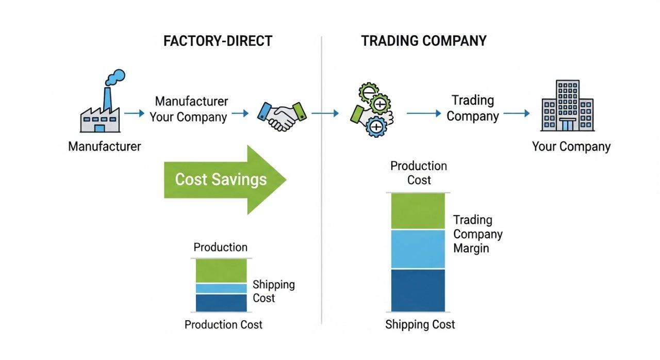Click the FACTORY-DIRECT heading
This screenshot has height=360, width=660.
click(218, 41)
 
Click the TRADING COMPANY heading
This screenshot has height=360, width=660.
click(423, 41)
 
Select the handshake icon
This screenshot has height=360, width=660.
click(281, 114)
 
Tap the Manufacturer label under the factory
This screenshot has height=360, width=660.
click(104, 146)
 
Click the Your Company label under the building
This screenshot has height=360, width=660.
click(571, 146)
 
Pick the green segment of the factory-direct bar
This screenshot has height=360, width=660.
click(221, 271)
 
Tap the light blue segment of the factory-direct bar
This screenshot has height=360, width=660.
click(221, 288)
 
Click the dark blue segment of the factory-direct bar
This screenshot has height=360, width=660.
click(221, 303)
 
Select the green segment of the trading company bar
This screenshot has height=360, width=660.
click(418, 211)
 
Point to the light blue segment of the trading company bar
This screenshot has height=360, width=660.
click(418, 249)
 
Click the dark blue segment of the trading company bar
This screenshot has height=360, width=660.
click(418, 290)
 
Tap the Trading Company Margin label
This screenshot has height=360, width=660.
click(477, 234)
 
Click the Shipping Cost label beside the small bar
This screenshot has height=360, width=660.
click(273, 291)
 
